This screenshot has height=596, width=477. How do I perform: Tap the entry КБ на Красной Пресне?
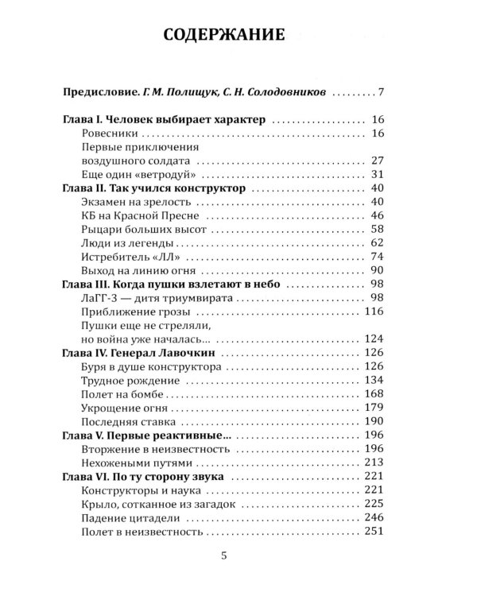click(143, 215)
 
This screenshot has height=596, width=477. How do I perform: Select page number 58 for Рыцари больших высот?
click(377, 229)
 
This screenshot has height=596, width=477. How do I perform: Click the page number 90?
click(377, 270)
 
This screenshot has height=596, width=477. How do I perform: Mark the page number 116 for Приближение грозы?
click(374, 311)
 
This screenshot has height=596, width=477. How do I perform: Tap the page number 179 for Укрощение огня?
click(374, 408)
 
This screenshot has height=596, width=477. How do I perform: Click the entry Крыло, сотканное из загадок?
click(159, 504)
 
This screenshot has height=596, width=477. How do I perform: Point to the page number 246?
click(374, 517)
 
